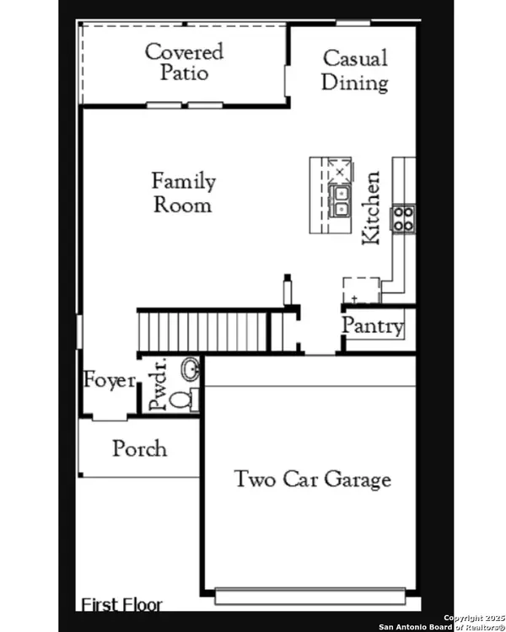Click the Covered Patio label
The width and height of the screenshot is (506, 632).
[184, 62]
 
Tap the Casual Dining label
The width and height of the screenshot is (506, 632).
[356, 70]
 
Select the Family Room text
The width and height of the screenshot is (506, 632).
[183, 192]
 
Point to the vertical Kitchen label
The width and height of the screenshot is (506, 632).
[371, 208]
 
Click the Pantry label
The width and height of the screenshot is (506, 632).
[373, 326]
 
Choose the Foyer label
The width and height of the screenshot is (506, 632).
[109, 380]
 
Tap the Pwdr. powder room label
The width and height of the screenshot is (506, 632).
[158, 385]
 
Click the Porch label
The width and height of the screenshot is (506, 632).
[139, 448]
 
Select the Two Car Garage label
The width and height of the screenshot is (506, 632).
[312, 479]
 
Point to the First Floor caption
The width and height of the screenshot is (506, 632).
[121, 603]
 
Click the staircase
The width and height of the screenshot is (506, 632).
[202, 329]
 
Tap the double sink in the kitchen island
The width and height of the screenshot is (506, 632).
[341, 201]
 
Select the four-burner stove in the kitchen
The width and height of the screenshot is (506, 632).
[404, 218]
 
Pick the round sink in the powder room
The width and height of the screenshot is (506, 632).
[191, 370]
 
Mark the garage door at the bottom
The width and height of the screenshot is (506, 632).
[316, 597]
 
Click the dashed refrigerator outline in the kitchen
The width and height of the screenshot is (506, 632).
[360, 290]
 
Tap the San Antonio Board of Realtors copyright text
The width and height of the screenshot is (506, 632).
[442, 622]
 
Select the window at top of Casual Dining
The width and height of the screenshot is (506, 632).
[348, 22]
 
